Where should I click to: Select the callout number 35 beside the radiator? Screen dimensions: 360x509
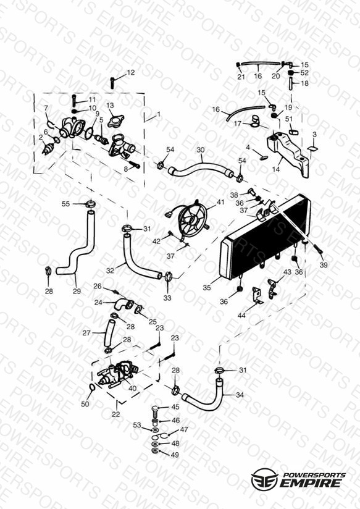pyautogui.click(x=207, y=288)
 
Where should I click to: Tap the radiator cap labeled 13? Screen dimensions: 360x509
pyautogui.click(x=116, y=120)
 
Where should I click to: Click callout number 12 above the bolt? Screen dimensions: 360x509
pyautogui.click(x=130, y=72)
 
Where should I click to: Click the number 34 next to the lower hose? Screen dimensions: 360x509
pyautogui.click(x=240, y=395)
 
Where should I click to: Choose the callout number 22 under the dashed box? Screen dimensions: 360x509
pyautogui.click(x=116, y=414)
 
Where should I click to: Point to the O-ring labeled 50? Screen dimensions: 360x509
pyautogui.click(x=92, y=387)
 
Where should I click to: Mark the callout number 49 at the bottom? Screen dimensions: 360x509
pyautogui.click(x=175, y=455)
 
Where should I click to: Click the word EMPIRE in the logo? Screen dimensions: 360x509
pyautogui.click(x=310, y=482)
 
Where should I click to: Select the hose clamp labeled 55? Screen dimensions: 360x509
pyautogui.click(x=91, y=204)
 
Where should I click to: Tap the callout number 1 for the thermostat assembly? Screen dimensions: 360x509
pyautogui.click(x=159, y=114)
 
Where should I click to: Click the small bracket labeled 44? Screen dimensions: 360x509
pyautogui.click(x=257, y=296)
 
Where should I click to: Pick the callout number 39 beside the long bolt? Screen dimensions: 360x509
pyautogui.click(x=324, y=265)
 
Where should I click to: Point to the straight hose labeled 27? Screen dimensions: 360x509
pyautogui.click(x=109, y=334)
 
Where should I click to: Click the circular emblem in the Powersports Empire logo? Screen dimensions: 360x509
pyautogui.click(x=264, y=479)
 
